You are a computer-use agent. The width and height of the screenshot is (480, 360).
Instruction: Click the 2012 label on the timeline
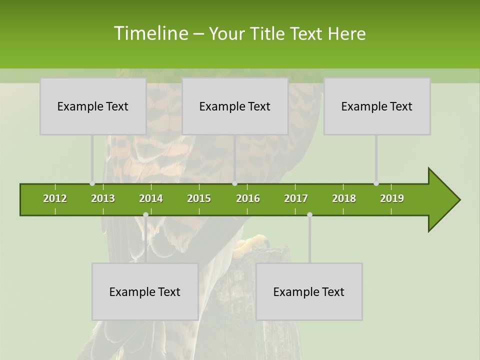click(55, 198)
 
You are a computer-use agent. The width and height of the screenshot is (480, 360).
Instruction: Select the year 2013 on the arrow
click(103, 198)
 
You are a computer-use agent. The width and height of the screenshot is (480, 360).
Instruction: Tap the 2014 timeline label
click(151, 198)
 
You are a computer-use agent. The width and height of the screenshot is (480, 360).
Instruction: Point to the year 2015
click(199, 198)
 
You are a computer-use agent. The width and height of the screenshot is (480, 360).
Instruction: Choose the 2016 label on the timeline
click(248, 198)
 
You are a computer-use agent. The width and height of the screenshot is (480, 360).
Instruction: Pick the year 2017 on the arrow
click(296, 198)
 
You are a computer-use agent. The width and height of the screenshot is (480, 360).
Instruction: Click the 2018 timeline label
click(344, 198)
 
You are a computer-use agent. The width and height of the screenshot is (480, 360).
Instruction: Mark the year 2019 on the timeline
click(392, 198)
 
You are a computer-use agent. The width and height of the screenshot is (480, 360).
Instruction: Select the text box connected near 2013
click(92, 106)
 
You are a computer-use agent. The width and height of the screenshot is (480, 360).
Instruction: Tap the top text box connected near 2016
click(234, 106)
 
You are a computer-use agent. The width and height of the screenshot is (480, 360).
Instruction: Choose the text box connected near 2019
click(376, 106)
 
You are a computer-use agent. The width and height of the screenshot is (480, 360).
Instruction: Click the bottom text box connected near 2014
click(144, 291)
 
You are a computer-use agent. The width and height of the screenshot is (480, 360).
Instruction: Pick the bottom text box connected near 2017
click(308, 291)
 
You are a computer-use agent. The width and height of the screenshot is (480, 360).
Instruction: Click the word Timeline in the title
click(150, 33)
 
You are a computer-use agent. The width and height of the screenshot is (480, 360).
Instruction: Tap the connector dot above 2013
click(92, 183)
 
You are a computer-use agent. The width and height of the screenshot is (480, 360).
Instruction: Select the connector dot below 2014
click(145, 215)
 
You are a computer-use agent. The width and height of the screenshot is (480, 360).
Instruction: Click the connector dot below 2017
click(309, 215)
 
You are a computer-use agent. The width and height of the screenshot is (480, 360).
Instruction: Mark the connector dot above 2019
click(376, 183)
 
